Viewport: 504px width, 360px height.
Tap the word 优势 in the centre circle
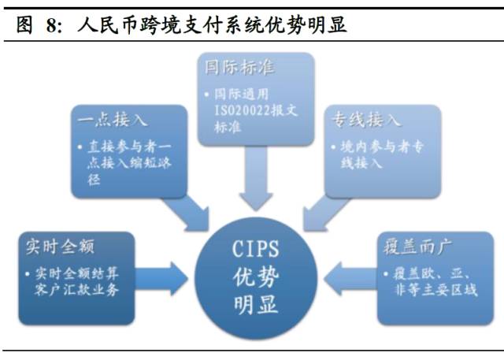coord(256,278)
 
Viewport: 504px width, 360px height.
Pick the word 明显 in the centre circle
coord(256,304)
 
